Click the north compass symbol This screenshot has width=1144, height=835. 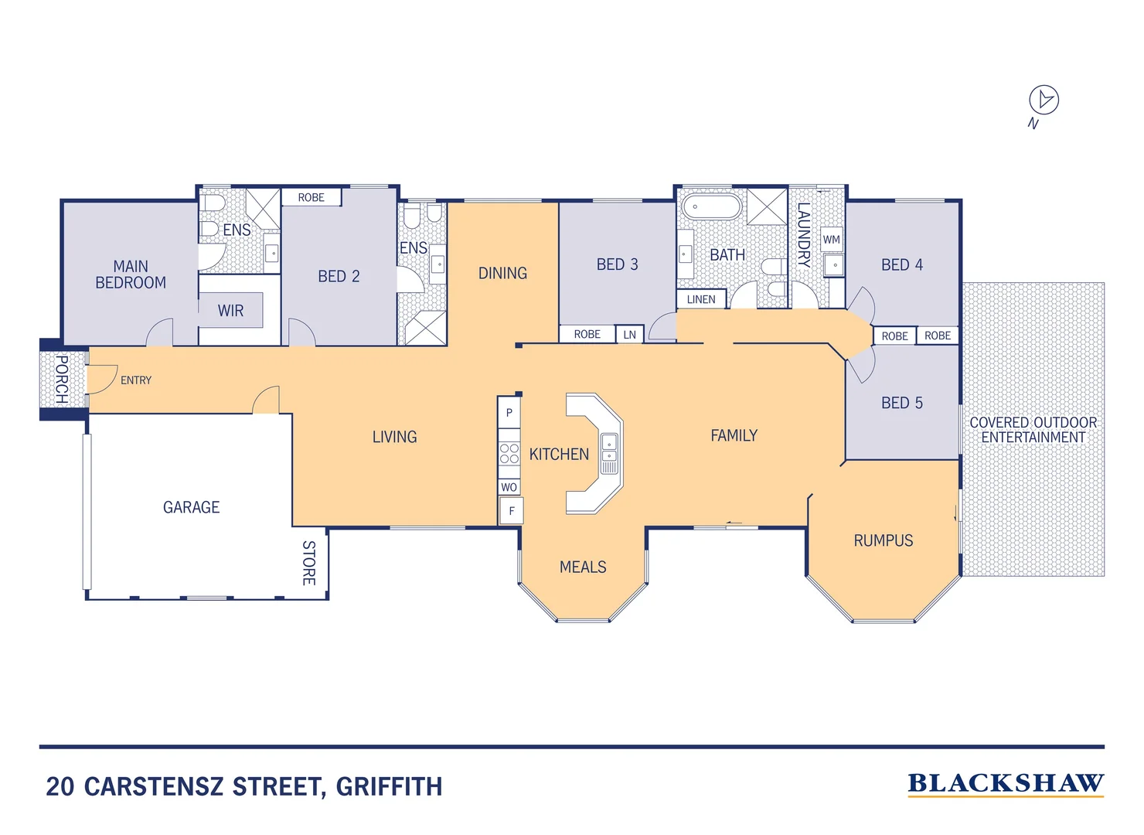coord(1044,100)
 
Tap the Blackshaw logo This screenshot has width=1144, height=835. coord(1006,784)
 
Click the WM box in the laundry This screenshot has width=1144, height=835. coord(832,240)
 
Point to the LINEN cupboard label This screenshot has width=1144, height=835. coord(701,299)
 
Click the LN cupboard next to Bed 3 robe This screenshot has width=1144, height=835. coord(630,335)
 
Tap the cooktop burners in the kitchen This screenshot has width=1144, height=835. coord(509,453)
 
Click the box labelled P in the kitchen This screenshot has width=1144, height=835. coord(509,413)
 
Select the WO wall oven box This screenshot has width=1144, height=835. coord(509,487)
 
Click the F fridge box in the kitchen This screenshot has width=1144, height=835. coord(511,511)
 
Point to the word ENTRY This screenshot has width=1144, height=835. coord(136,380)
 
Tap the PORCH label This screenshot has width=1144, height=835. coord(61,379)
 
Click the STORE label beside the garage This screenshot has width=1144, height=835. coord(308,563)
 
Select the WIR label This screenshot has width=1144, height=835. coord(230,311)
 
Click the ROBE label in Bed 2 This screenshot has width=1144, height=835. coord(311,198)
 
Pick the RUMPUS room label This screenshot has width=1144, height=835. coord(883,540)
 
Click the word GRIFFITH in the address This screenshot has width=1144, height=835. coord(389,787)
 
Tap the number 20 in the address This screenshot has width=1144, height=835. coord(60,787)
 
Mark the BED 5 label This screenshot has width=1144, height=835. coord(901,403)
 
